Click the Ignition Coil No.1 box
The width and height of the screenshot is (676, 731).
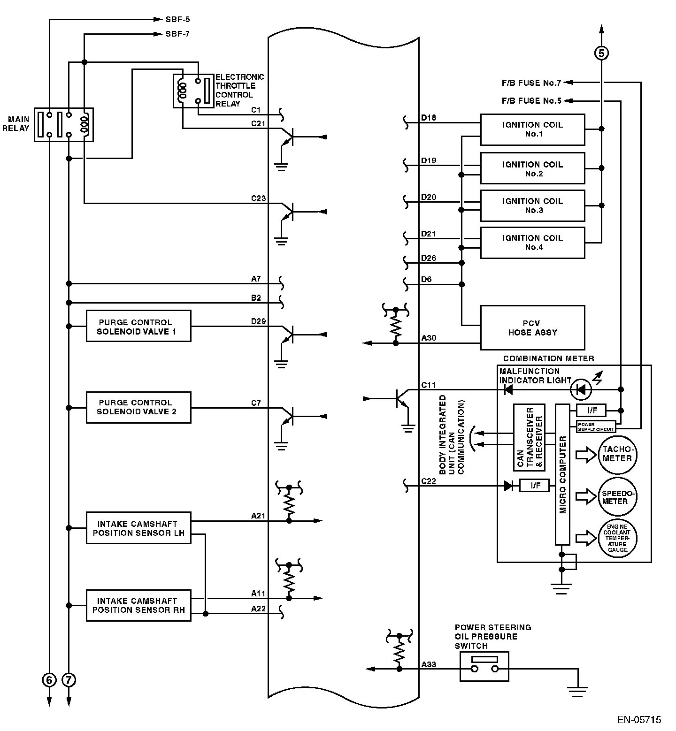pos(532,129)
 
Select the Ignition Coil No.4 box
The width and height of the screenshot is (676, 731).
pos(532,243)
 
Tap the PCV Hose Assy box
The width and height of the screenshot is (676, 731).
pos(532,327)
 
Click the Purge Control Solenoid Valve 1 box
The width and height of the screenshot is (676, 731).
pos(138,326)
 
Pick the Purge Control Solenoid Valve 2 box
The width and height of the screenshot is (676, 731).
pos(138,407)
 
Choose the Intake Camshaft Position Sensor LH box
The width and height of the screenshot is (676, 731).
pos(138,528)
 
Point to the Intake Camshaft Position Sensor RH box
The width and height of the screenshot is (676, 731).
pos(138,605)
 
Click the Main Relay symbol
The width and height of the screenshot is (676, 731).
pos(64,124)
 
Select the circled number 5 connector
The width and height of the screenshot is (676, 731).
pos(601,53)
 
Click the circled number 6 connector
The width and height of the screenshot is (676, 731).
pos(49,679)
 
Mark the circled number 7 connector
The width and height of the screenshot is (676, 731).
pos(69,679)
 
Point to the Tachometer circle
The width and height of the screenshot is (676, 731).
pos(617,454)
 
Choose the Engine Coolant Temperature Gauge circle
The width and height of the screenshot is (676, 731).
pos(617,538)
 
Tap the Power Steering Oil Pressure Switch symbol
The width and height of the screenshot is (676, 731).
pos(484,666)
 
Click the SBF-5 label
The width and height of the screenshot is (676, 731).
pos(177,20)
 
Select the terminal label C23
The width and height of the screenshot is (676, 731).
pos(258,198)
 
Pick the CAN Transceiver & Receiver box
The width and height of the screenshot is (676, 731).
pos(529,437)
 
